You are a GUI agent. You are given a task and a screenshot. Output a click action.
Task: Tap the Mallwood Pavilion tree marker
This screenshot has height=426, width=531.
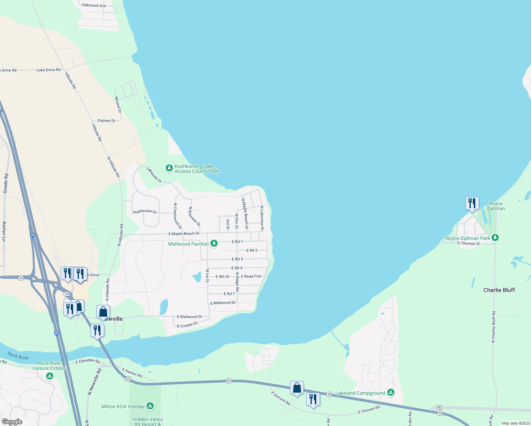214,244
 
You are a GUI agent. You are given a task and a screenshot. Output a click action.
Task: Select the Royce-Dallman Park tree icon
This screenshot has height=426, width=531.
495,238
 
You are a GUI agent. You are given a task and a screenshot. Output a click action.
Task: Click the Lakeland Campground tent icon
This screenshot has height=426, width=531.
390,392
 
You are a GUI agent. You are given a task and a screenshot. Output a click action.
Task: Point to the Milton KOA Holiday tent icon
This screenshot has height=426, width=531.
150,406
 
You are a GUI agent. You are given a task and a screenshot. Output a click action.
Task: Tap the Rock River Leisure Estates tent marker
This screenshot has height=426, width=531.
50,376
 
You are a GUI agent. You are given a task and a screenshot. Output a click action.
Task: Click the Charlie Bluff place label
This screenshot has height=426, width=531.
499,290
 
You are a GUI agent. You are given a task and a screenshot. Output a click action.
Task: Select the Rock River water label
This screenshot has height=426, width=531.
18,356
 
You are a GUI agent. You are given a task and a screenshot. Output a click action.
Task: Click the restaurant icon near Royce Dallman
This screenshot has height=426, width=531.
472,203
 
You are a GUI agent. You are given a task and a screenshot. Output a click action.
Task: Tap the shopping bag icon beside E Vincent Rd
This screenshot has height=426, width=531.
297,388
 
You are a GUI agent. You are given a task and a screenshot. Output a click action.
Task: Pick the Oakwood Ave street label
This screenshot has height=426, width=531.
94,5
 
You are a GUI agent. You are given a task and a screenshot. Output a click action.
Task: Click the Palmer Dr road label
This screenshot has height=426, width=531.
106,121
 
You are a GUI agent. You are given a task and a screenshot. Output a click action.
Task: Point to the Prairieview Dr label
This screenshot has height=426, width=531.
145,212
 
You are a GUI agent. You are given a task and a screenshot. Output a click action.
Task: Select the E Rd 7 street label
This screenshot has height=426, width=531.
229,294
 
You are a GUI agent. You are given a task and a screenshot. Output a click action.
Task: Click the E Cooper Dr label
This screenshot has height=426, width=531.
187,325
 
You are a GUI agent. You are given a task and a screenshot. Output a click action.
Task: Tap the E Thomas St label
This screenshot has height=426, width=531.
469,244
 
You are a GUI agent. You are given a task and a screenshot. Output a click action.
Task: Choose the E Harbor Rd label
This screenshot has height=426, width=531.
132,373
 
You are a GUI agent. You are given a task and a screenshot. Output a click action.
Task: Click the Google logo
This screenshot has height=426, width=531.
12,422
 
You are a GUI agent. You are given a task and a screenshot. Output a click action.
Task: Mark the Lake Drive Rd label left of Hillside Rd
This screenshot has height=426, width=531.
48,70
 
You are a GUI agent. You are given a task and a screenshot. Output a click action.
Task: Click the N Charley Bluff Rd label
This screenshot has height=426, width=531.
493,327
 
